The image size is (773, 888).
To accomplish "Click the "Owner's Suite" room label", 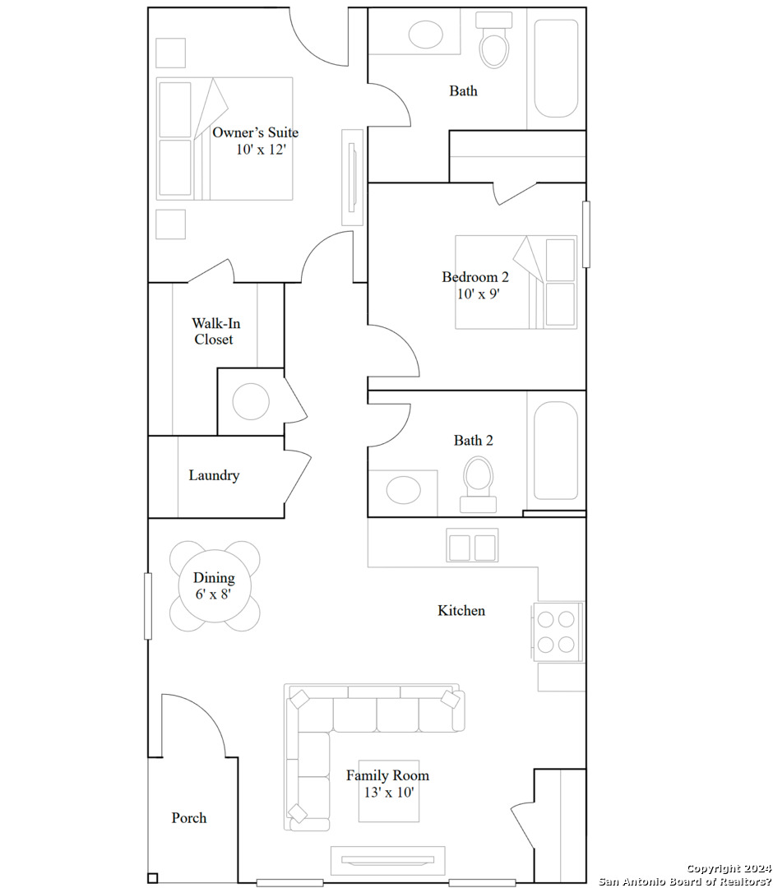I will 255,132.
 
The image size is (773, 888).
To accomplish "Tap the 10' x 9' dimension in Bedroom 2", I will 479,294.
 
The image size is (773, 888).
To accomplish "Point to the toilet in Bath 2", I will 478,481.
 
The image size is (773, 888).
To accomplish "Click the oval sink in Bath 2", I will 403,489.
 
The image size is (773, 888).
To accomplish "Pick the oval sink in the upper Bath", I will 425,35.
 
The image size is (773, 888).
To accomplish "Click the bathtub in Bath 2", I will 556,451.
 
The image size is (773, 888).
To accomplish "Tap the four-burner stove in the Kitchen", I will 557,631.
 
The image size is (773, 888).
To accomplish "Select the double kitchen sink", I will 472,546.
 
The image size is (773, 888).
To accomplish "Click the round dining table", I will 214,585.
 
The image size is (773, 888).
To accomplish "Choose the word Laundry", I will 214,475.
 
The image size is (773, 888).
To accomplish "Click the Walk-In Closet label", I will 214,331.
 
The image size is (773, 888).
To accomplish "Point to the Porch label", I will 189,818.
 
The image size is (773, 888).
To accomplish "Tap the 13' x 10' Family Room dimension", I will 387,793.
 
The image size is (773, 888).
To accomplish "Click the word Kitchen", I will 461,610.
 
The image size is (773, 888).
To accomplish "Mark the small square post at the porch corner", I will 152,877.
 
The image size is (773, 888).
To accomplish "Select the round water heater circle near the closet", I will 251,402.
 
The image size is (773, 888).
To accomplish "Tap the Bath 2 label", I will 474,441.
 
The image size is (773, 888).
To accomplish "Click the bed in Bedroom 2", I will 516,282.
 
